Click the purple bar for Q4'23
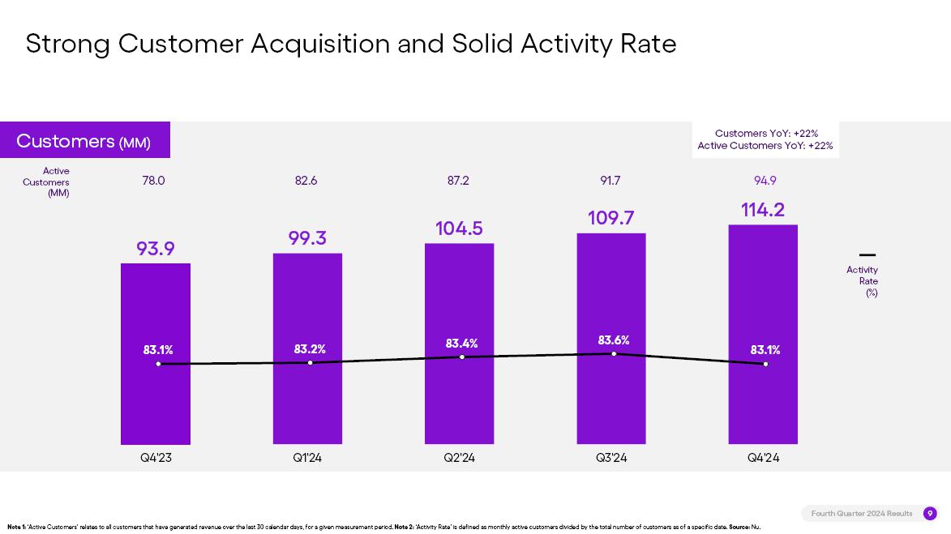(x=156, y=405)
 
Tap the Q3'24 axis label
(x=611, y=458)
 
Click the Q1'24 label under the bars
(x=307, y=458)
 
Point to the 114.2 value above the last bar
(x=763, y=210)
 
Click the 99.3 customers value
(x=307, y=238)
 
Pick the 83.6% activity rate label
(x=614, y=340)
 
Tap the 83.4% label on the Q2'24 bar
(x=461, y=344)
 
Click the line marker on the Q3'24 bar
(x=614, y=353)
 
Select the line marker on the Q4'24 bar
(x=765, y=364)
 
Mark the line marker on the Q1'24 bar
(x=310, y=362)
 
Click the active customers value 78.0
(x=153, y=181)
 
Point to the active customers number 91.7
(x=610, y=181)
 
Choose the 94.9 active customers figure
(x=765, y=181)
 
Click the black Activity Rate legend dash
(x=867, y=255)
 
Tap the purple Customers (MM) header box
(x=84, y=141)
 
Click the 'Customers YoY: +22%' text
(x=766, y=134)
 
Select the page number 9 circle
(x=930, y=514)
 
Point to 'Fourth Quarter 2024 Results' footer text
(x=862, y=514)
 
